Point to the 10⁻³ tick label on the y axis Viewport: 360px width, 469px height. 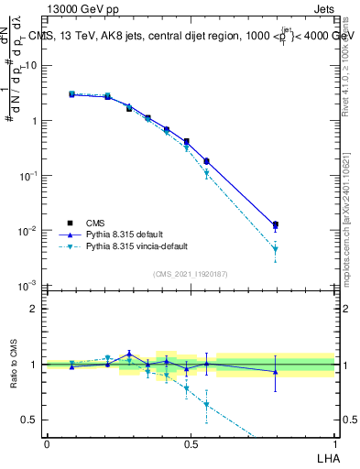pyautogui.click(x=26, y=286)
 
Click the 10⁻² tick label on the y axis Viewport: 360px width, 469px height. pyautogui.click(x=26, y=231)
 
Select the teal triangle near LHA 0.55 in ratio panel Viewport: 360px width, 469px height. pyautogui.click(x=206, y=404)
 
